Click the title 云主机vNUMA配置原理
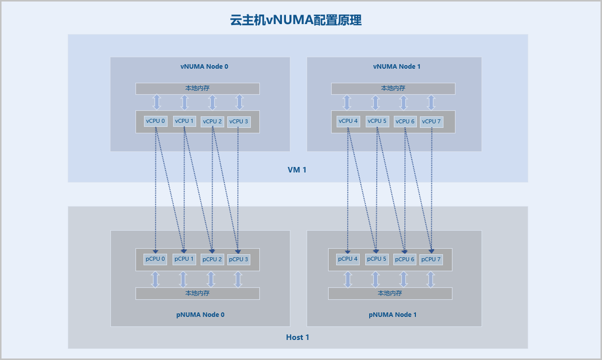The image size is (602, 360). [x=296, y=20]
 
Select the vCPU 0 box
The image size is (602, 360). [x=156, y=121]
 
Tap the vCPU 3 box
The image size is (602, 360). [x=239, y=121]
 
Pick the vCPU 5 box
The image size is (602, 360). [x=377, y=121]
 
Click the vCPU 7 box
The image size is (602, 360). [x=431, y=121]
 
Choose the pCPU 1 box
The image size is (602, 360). [x=184, y=259]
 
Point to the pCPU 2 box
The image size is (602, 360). [x=212, y=259]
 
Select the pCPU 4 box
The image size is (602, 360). [x=348, y=259]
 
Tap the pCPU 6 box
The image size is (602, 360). [x=404, y=259]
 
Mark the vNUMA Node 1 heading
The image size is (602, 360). [x=397, y=66]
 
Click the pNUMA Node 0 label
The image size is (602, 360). [x=200, y=315]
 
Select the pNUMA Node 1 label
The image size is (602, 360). [x=393, y=315]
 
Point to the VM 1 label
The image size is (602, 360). [x=297, y=170]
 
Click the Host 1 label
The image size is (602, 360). [x=297, y=337]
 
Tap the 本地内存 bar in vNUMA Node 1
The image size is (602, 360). [x=393, y=88]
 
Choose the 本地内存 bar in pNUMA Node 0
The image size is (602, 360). [x=197, y=293]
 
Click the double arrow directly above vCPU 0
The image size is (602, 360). [x=157, y=102]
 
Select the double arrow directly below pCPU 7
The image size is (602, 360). [x=430, y=279]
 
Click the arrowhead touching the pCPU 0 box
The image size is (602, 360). [x=156, y=251]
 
